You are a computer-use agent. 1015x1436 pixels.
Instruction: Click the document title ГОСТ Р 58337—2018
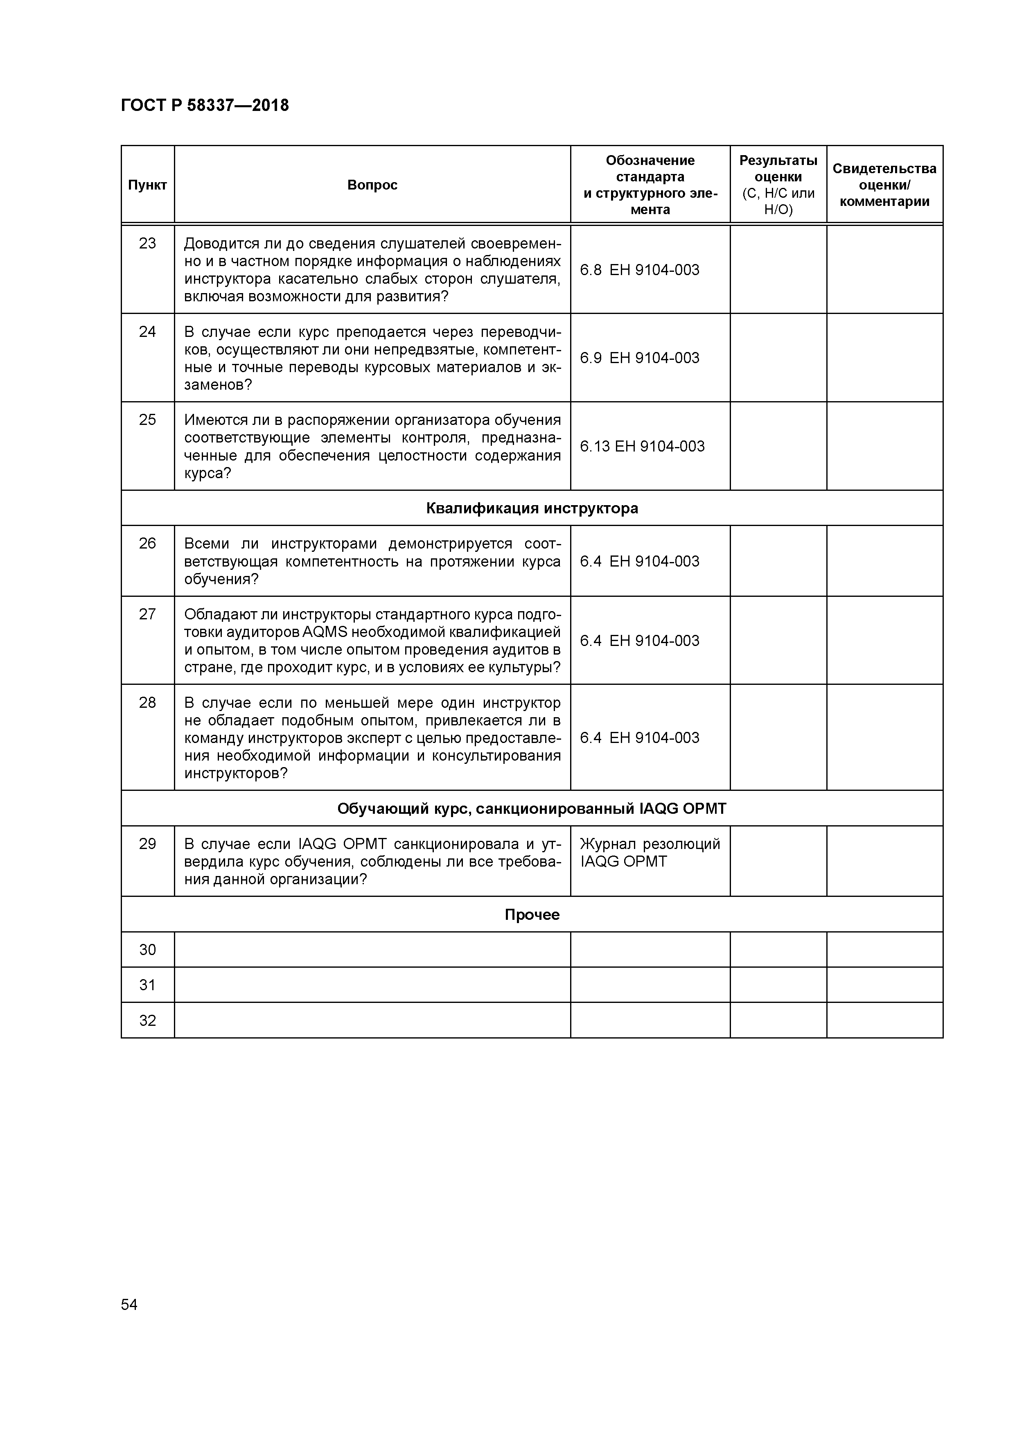coord(205,106)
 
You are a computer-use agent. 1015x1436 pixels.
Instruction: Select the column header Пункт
coord(148,185)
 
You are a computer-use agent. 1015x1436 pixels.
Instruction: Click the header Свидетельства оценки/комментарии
coord(884,185)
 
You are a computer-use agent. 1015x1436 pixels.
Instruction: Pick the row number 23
coord(148,243)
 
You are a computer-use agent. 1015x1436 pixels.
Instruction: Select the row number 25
coord(148,420)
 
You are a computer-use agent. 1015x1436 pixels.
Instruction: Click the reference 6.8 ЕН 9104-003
coord(639,270)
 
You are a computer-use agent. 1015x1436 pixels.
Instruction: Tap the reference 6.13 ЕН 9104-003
coord(642,447)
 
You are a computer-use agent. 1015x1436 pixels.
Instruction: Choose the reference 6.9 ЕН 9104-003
coord(639,358)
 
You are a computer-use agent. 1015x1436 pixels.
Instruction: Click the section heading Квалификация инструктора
coord(532,508)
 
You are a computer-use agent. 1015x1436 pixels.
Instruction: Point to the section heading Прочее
coord(532,915)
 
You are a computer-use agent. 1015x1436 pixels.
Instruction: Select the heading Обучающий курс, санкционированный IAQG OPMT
coord(532,809)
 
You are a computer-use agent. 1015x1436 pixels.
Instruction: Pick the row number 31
coord(148,985)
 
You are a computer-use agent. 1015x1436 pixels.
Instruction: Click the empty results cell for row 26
coord(778,561)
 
